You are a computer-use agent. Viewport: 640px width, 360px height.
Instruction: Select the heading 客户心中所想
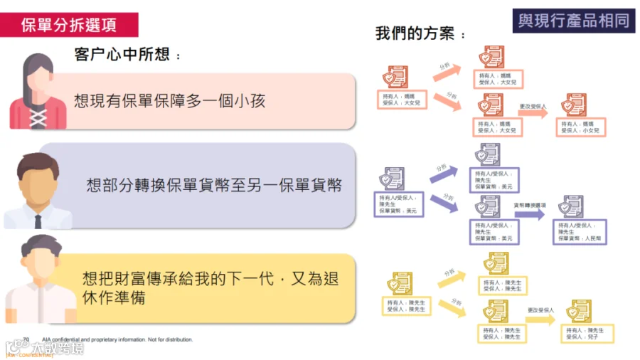point(127,55)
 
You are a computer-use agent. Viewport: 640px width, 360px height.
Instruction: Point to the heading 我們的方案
point(421,33)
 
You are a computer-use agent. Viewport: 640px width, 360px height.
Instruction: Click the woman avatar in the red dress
point(38,92)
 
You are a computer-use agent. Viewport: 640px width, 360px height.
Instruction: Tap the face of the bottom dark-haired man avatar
point(39,264)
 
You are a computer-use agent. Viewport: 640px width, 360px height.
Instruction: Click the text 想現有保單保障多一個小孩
point(170,100)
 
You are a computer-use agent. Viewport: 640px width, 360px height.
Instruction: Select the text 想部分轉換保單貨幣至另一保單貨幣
point(214,186)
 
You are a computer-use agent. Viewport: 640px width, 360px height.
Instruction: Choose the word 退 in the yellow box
point(331,279)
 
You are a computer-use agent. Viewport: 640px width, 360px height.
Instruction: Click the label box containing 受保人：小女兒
point(580,127)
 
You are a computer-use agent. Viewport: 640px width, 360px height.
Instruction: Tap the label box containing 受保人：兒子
point(590,334)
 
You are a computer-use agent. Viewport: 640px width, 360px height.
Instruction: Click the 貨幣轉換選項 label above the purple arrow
point(530,204)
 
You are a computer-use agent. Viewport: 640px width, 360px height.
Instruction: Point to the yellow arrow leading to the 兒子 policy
point(540,319)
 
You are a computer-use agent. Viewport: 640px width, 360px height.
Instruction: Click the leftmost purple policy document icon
point(392,178)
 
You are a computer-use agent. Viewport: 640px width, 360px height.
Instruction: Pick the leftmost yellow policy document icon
point(400,283)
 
